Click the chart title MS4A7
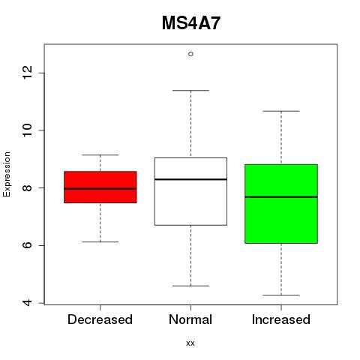coord(191,23)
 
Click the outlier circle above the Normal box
coord(190,54)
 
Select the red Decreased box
coord(100,187)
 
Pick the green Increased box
coord(281,204)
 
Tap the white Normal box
coord(190,191)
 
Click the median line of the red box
coord(100,189)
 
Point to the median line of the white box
coord(190,179)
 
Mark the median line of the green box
coord(281,197)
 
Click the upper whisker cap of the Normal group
coord(190,91)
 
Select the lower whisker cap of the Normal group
coord(190,286)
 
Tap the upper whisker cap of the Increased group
coord(281,111)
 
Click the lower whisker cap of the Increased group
coord(281,295)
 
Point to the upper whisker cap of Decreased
coord(100,155)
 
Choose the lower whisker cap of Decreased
coord(100,241)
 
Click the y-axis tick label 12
coord(27,73)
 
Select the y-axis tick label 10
coord(27,130)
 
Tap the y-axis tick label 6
coord(27,245)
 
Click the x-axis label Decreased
coord(100,319)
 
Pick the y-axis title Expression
coord(7,174)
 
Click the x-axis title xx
coord(190,343)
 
